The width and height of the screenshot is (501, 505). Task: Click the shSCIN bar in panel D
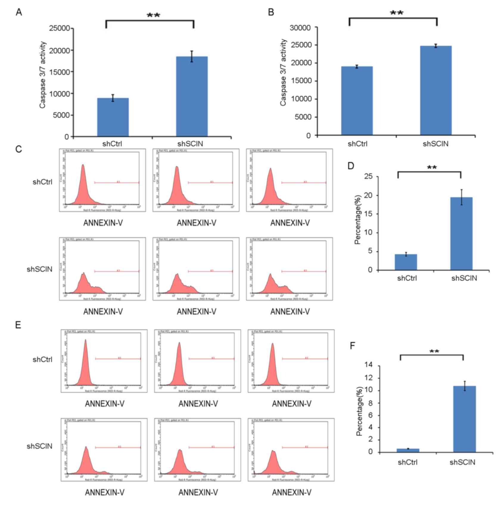click(461, 234)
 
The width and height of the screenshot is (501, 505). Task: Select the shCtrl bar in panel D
click(406, 262)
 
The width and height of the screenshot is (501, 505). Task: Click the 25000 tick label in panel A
click(60, 28)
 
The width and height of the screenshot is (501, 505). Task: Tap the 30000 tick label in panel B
click(300, 28)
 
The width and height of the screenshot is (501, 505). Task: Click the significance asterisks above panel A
click(153, 15)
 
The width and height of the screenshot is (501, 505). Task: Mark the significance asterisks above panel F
click(434, 352)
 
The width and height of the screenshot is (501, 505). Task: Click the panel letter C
click(19, 149)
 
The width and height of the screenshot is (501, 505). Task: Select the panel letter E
click(18, 325)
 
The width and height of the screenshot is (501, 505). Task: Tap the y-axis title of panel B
click(283, 72)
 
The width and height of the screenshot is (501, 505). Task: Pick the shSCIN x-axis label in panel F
click(462, 462)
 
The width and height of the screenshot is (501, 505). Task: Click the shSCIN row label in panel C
click(39, 269)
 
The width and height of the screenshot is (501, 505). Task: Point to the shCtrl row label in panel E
click(42, 360)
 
